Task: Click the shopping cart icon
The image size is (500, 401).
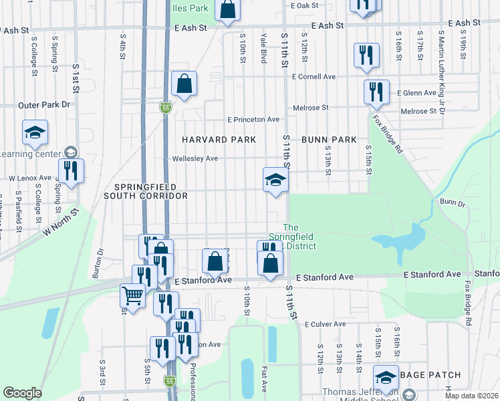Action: [x=133, y=295]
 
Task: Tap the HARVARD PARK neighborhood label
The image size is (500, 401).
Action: [x=220, y=140]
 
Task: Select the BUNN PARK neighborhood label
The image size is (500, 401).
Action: [x=328, y=140]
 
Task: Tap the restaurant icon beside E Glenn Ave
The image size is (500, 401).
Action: [x=376, y=91]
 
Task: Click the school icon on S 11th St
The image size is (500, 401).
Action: [x=275, y=180]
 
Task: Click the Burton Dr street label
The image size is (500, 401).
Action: [x=101, y=261]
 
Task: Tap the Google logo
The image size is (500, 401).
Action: [x=23, y=393]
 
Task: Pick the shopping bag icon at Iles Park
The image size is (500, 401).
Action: [x=228, y=9]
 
